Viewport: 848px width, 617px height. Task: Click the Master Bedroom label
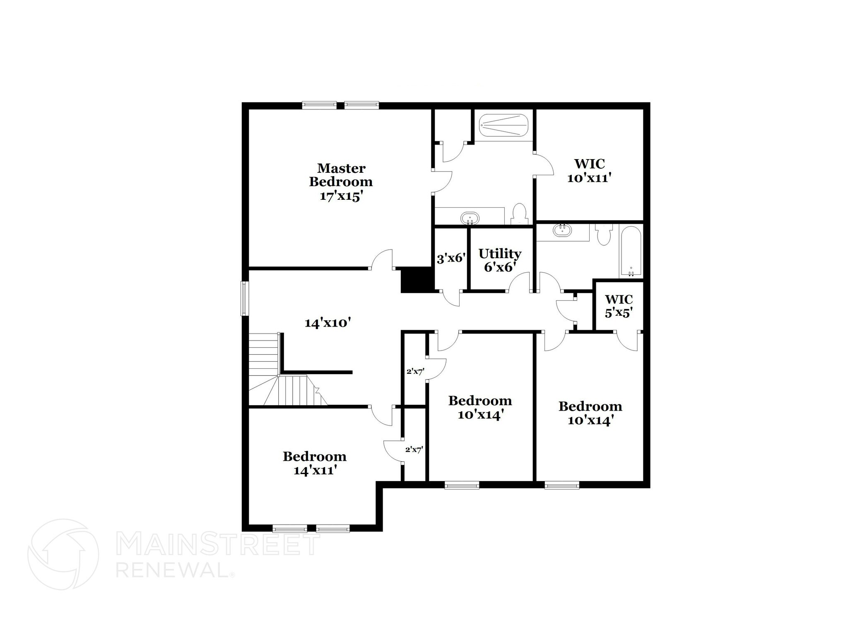click(341, 175)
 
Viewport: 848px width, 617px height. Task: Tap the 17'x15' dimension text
click(341, 196)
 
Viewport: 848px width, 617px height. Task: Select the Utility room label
click(500, 254)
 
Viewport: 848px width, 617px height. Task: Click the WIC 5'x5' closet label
click(619, 306)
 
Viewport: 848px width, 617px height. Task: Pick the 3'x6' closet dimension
click(451, 259)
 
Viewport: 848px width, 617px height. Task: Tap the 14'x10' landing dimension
click(328, 323)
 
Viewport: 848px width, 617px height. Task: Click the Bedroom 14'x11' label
click(315, 463)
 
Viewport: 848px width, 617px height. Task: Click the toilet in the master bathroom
click(518, 214)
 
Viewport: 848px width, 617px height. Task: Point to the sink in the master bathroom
click(470, 217)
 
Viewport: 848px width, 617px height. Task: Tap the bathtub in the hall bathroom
click(631, 251)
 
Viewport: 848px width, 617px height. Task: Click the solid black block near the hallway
click(417, 280)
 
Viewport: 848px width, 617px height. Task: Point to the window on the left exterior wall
click(245, 298)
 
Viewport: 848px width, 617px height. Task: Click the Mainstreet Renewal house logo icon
click(63, 554)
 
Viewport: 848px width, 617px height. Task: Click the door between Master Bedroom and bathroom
click(442, 181)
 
